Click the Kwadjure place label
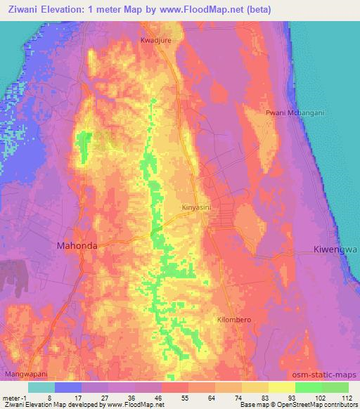(156, 41)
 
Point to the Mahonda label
(76, 247)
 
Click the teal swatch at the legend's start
(41, 387)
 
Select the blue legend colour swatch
(68, 387)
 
